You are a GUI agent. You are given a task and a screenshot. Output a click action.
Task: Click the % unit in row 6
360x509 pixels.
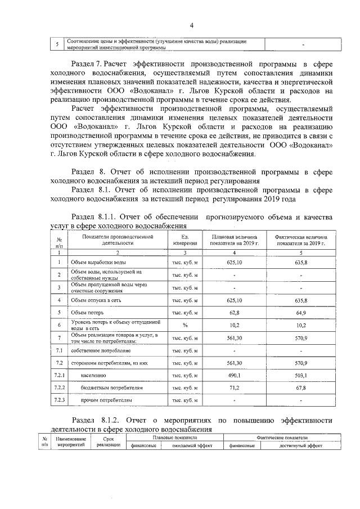click(x=184, y=325)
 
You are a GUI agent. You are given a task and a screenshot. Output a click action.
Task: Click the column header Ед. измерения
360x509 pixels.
click(x=184, y=240)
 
